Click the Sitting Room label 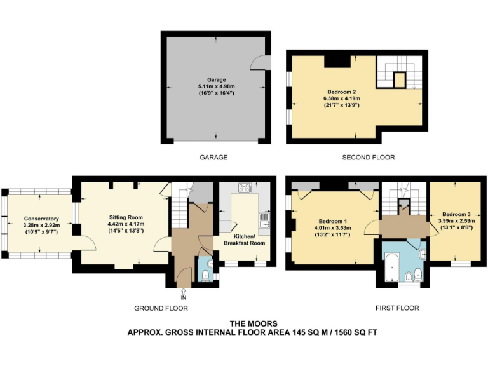(x=125, y=217)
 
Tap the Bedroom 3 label (x=456, y=214)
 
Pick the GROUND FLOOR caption (x=161, y=308)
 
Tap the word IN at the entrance (x=184, y=296)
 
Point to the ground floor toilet (x=204, y=274)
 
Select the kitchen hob (x=245, y=187)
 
